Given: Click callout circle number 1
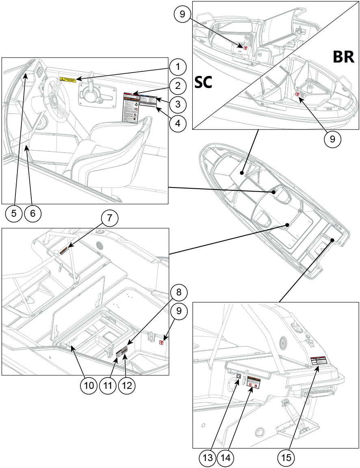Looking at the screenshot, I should tap(178, 66).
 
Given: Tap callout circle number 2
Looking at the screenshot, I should tap(178, 85).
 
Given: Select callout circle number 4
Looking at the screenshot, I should tap(178, 124).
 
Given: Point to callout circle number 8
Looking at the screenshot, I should tap(178, 292).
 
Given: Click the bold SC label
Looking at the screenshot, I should tap(204, 82).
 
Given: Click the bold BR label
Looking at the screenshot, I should tap(343, 57).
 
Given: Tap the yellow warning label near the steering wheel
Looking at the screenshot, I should tap(68, 79).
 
